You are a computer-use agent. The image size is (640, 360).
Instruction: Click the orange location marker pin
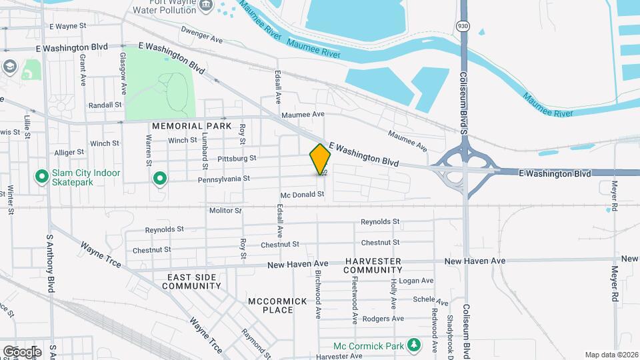[321, 159]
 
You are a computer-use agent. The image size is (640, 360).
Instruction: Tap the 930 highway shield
[462, 25]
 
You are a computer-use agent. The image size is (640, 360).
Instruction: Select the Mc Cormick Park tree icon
[415, 345]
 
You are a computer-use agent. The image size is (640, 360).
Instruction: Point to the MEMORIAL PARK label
[191, 126]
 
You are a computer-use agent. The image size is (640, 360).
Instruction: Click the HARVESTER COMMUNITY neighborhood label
[373, 265]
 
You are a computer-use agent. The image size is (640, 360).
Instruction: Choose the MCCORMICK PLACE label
[278, 305]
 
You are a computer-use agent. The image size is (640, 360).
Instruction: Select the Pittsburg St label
[237, 159]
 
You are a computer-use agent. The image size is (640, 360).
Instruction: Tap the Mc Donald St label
[302, 195]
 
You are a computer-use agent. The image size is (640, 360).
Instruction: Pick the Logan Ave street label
[417, 281]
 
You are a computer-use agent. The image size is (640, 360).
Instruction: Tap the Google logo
[21, 351]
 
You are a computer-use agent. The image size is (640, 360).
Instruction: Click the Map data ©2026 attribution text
[611, 355]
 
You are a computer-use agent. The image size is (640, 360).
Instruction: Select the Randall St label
[105, 105]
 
